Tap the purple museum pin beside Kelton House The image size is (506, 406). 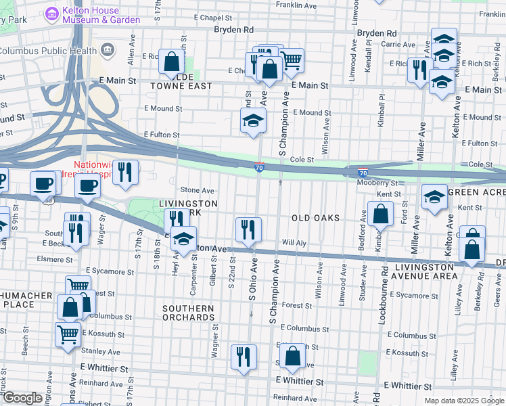click(51, 14)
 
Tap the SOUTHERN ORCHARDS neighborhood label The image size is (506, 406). click(188, 313)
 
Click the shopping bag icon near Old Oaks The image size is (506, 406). click(381, 215)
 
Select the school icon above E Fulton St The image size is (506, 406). click(254, 121)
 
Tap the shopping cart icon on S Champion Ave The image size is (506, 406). click(291, 60)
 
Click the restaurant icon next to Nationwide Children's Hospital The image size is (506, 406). click(124, 172)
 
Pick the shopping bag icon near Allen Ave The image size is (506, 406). click(172, 61)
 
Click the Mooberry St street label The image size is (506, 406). click(378, 183)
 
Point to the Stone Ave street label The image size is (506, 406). click(197, 191)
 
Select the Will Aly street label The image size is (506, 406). click(294, 242)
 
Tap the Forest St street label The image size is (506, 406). click(297, 305)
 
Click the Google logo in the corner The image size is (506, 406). click(22, 398)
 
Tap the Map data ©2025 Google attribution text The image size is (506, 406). click(463, 401)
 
